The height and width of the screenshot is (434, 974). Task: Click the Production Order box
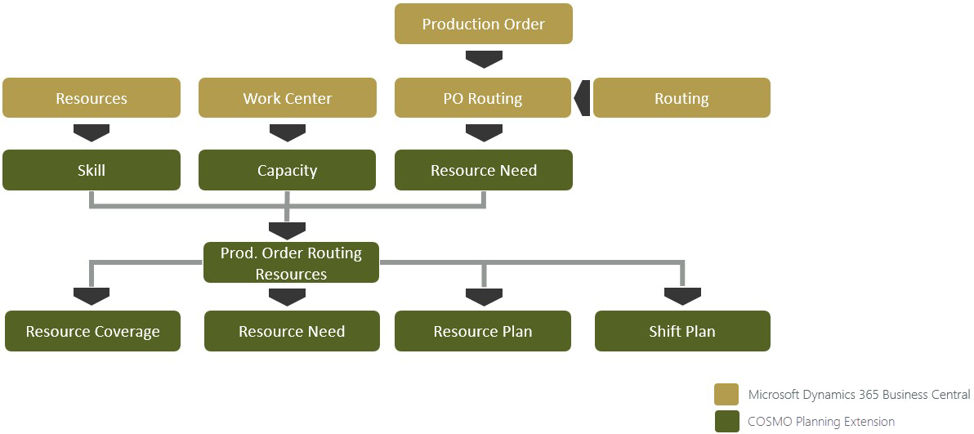click(483, 24)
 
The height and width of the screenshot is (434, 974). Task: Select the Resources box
click(92, 98)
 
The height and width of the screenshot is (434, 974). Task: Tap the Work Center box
click(288, 98)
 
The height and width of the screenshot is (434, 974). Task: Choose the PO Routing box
click(483, 98)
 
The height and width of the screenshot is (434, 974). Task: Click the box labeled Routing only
click(681, 98)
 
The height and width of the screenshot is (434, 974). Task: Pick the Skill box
click(92, 170)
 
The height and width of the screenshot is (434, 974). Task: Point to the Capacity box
click(288, 170)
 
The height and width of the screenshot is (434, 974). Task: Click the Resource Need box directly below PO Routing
click(483, 170)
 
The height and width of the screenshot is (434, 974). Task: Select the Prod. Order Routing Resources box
click(291, 262)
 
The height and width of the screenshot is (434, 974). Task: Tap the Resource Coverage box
click(92, 331)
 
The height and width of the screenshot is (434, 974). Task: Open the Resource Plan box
click(483, 331)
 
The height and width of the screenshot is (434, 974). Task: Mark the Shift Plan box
click(682, 331)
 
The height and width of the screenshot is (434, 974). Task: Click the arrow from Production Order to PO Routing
click(483, 59)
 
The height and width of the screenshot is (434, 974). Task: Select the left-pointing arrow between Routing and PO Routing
click(582, 98)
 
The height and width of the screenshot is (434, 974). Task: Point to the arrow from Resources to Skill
click(92, 132)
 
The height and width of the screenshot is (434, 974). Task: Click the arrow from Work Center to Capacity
click(288, 132)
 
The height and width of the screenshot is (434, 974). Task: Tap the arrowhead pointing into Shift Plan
click(682, 296)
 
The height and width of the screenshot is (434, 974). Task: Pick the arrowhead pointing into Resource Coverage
click(92, 296)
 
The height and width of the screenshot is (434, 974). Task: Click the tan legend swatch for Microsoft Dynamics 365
click(726, 394)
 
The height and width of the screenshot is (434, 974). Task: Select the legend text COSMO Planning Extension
click(821, 421)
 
